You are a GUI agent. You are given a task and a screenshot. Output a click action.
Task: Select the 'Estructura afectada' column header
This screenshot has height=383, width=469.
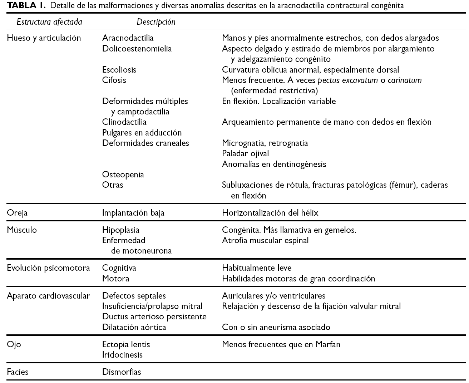click(49, 22)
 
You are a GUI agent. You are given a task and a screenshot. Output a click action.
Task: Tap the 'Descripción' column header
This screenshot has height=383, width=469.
click(156, 22)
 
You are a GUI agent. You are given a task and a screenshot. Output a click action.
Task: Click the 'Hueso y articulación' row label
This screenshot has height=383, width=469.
click(44, 38)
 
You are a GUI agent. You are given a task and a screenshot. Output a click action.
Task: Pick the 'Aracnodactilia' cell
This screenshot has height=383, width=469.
click(128, 38)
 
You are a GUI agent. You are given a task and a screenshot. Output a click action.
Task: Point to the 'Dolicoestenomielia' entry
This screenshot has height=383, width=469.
click(137, 49)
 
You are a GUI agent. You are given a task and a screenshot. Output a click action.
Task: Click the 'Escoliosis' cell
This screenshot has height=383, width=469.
click(119, 70)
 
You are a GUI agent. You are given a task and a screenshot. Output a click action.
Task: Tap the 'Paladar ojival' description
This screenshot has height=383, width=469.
click(245, 154)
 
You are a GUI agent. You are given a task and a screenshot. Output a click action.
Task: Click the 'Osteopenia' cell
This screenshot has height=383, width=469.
click(123, 175)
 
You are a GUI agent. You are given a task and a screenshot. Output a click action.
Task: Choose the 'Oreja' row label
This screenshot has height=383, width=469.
click(17, 213)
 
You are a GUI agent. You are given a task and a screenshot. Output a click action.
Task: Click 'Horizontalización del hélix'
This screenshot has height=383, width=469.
click(270, 213)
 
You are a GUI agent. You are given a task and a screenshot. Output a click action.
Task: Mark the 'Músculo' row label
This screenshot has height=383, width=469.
click(22, 230)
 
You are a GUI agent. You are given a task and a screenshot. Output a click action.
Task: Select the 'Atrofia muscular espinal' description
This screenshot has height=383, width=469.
click(265, 240)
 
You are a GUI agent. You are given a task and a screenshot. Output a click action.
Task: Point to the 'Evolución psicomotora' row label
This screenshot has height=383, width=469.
click(48, 268)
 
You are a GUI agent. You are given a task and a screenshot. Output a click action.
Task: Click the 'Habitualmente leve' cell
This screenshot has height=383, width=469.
click(256, 268)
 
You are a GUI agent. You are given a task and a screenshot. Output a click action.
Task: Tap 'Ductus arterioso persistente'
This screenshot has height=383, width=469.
click(154, 317)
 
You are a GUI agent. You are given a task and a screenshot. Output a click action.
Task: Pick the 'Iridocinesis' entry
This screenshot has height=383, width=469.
click(122, 355)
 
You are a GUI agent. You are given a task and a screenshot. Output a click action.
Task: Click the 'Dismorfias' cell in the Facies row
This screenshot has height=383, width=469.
click(122, 372)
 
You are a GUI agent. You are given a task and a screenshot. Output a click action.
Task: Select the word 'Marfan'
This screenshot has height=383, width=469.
click(328, 345)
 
